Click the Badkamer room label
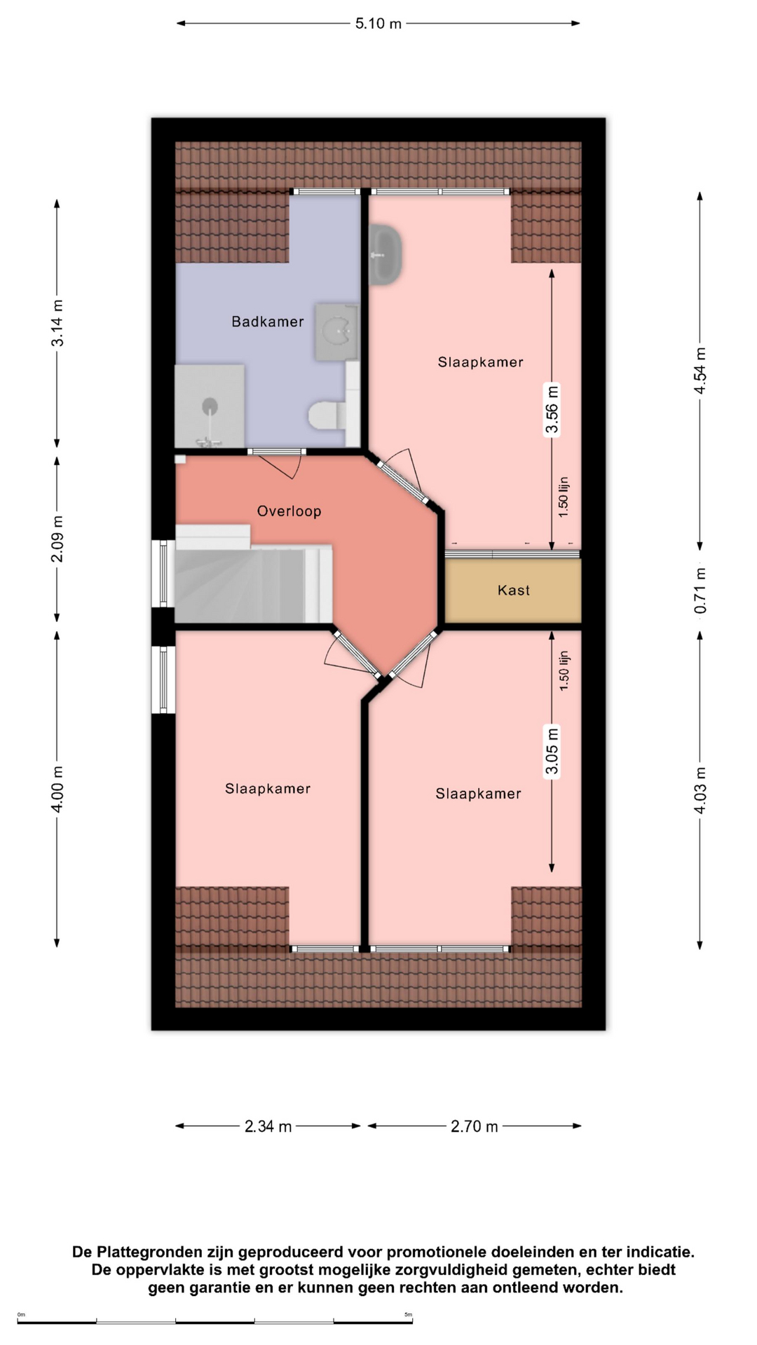click(268, 322)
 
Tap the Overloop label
click(289, 511)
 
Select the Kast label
click(514, 591)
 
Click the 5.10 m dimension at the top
click(378, 24)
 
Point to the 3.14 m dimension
click(57, 323)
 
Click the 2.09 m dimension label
click(57, 539)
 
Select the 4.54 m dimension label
click(700, 371)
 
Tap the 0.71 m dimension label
click(700, 591)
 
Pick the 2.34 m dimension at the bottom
click(268, 1126)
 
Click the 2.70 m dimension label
click(475, 1126)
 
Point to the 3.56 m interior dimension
click(552, 410)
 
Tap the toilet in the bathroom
click(326, 415)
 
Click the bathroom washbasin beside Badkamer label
click(337, 332)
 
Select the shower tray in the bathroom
click(210, 406)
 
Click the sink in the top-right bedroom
click(386, 254)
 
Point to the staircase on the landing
click(253, 574)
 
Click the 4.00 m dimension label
click(57, 789)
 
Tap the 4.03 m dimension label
click(700, 791)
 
